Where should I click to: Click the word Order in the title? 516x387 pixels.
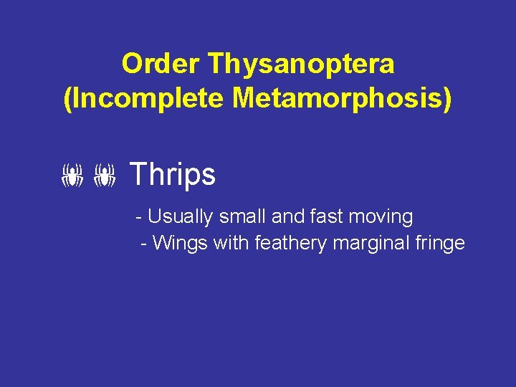pyautogui.click(x=161, y=64)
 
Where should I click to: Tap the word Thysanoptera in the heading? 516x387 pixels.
pyautogui.click(x=301, y=64)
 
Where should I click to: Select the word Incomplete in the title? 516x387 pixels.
pyautogui.click(x=147, y=100)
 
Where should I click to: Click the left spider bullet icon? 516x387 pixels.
pyautogui.click(x=72, y=175)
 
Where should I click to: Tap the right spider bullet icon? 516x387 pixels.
pyautogui.click(x=105, y=175)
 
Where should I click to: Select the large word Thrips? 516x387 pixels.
pyautogui.click(x=172, y=174)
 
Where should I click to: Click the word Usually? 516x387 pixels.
pyautogui.click(x=179, y=216)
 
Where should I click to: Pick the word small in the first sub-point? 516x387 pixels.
pyautogui.click(x=236, y=216)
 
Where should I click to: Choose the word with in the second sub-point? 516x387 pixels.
pyautogui.click(x=230, y=243)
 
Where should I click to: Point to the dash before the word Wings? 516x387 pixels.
pyautogui.click(x=145, y=244)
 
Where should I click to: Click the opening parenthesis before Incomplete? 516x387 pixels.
pyautogui.click(x=68, y=100)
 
